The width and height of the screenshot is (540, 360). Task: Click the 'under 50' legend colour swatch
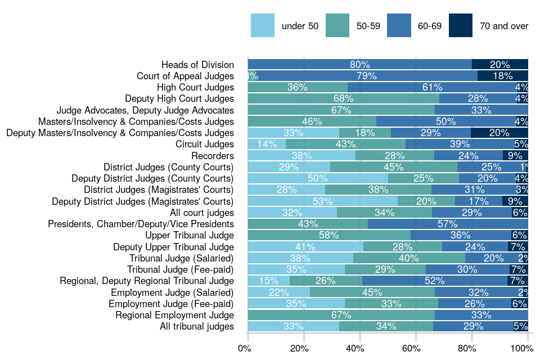point(263,26)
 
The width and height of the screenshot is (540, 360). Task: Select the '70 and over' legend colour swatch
point(461,26)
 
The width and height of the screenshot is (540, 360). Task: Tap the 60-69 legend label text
point(429,26)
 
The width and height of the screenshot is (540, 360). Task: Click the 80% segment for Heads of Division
point(359,65)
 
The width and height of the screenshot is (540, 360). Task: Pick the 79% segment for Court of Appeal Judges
point(366,76)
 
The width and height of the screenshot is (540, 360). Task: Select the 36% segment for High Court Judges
point(298,87)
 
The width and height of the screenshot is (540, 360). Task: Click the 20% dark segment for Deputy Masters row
point(499,133)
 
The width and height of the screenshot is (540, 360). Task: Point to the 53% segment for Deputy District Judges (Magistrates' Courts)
point(322,201)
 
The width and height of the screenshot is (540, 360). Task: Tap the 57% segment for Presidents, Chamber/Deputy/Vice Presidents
point(448,224)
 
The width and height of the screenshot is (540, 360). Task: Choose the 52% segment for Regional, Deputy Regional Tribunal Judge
point(435,281)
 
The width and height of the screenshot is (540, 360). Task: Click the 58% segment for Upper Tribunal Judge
point(329,235)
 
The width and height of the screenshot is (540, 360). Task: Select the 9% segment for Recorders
point(515,155)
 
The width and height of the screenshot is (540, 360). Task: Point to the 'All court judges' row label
point(202,213)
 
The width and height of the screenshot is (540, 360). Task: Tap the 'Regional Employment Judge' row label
point(174,315)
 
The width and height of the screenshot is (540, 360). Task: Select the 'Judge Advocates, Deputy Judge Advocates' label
point(145,110)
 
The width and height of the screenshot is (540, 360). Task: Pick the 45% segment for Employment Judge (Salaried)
point(372,292)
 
